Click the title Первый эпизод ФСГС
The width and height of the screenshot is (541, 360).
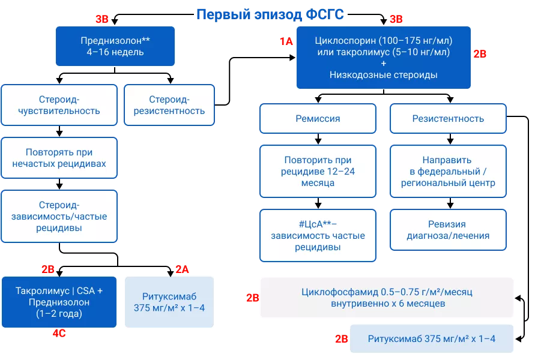(x=270, y=14)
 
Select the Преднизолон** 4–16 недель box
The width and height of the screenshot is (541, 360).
(x=115, y=46)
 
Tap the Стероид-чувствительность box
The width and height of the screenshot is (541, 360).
(x=59, y=105)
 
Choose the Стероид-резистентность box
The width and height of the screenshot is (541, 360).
(x=169, y=105)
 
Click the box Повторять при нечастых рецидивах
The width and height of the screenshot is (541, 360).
(x=59, y=158)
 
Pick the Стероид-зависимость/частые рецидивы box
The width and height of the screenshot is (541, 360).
(x=59, y=217)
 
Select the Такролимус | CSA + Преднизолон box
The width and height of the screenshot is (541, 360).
(x=59, y=302)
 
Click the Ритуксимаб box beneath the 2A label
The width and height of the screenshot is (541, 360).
(x=169, y=302)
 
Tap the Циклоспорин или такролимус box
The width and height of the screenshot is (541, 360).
(x=383, y=58)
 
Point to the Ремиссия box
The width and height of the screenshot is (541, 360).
(x=318, y=119)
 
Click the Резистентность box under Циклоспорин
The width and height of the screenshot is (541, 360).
(x=448, y=119)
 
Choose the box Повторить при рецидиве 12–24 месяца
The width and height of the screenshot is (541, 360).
(x=318, y=172)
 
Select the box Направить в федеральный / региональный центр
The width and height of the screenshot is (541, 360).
(x=448, y=172)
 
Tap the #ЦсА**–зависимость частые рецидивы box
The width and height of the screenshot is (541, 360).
(x=318, y=235)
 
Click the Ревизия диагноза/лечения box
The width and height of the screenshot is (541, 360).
(x=448, y=230)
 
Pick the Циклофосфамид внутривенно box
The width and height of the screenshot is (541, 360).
(x=387, y=298)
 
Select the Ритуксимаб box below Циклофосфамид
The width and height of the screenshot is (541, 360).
(x=431, y=339)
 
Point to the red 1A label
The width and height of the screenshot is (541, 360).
(x=286, y=41)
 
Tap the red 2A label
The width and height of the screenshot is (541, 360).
(x=182, y=270)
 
